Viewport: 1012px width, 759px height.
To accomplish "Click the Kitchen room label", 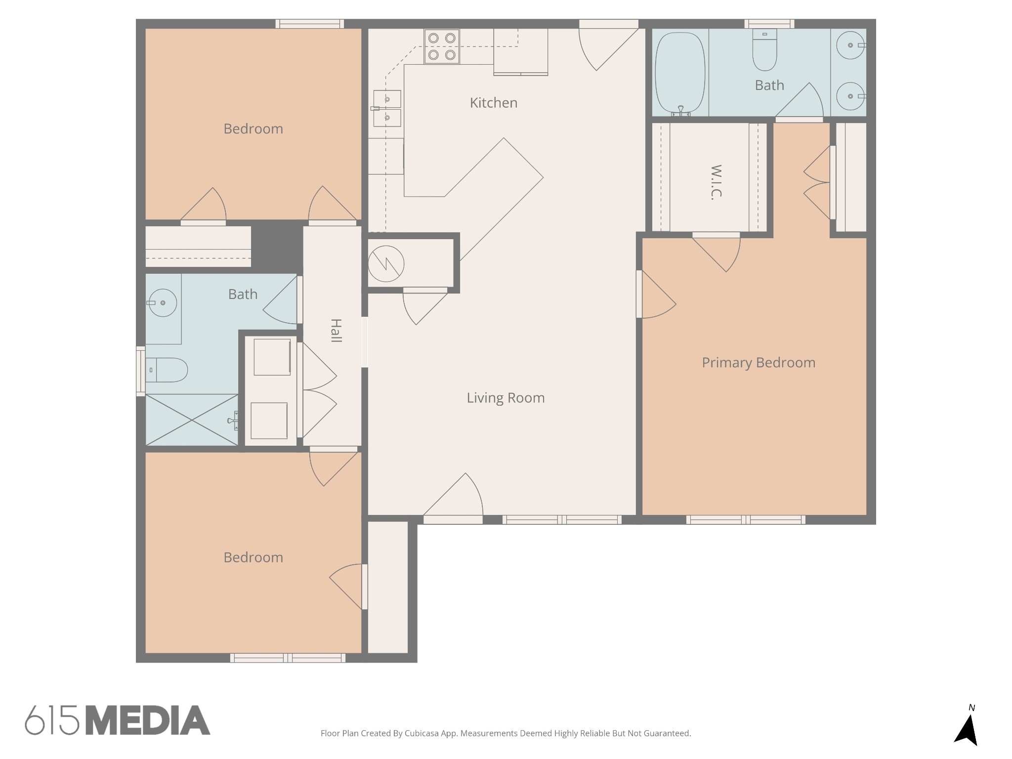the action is (x=494, y=103).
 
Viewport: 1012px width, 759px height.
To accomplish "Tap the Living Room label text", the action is (x=506, y=398).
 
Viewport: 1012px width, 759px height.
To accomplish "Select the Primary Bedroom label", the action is (x=759, y=363).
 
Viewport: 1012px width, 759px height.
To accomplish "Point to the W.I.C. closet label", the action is (x=716, y=182).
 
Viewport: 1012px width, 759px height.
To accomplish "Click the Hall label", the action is (x=336, y=331).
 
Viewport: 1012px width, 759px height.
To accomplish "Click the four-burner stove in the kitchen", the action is (x=442, y=46).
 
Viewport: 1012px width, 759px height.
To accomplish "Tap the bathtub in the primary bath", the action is (x=680, y=73).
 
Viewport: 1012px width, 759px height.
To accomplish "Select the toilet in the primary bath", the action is (x=764, y=49).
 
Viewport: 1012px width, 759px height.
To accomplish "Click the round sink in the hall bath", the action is (x=163, y=302).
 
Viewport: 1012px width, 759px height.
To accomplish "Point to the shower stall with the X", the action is (x=192, y=420).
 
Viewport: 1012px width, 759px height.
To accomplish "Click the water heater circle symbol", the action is (x=386, y=264).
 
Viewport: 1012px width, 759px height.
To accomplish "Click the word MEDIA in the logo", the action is (x=148, y=720).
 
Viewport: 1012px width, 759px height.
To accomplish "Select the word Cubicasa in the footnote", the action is (x=422, y=733).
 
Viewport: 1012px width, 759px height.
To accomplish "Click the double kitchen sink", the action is (x=387, y=108).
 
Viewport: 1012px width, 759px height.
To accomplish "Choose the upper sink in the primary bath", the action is (x=850, y=45).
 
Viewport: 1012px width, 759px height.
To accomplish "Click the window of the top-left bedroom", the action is (x=309, y=24).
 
